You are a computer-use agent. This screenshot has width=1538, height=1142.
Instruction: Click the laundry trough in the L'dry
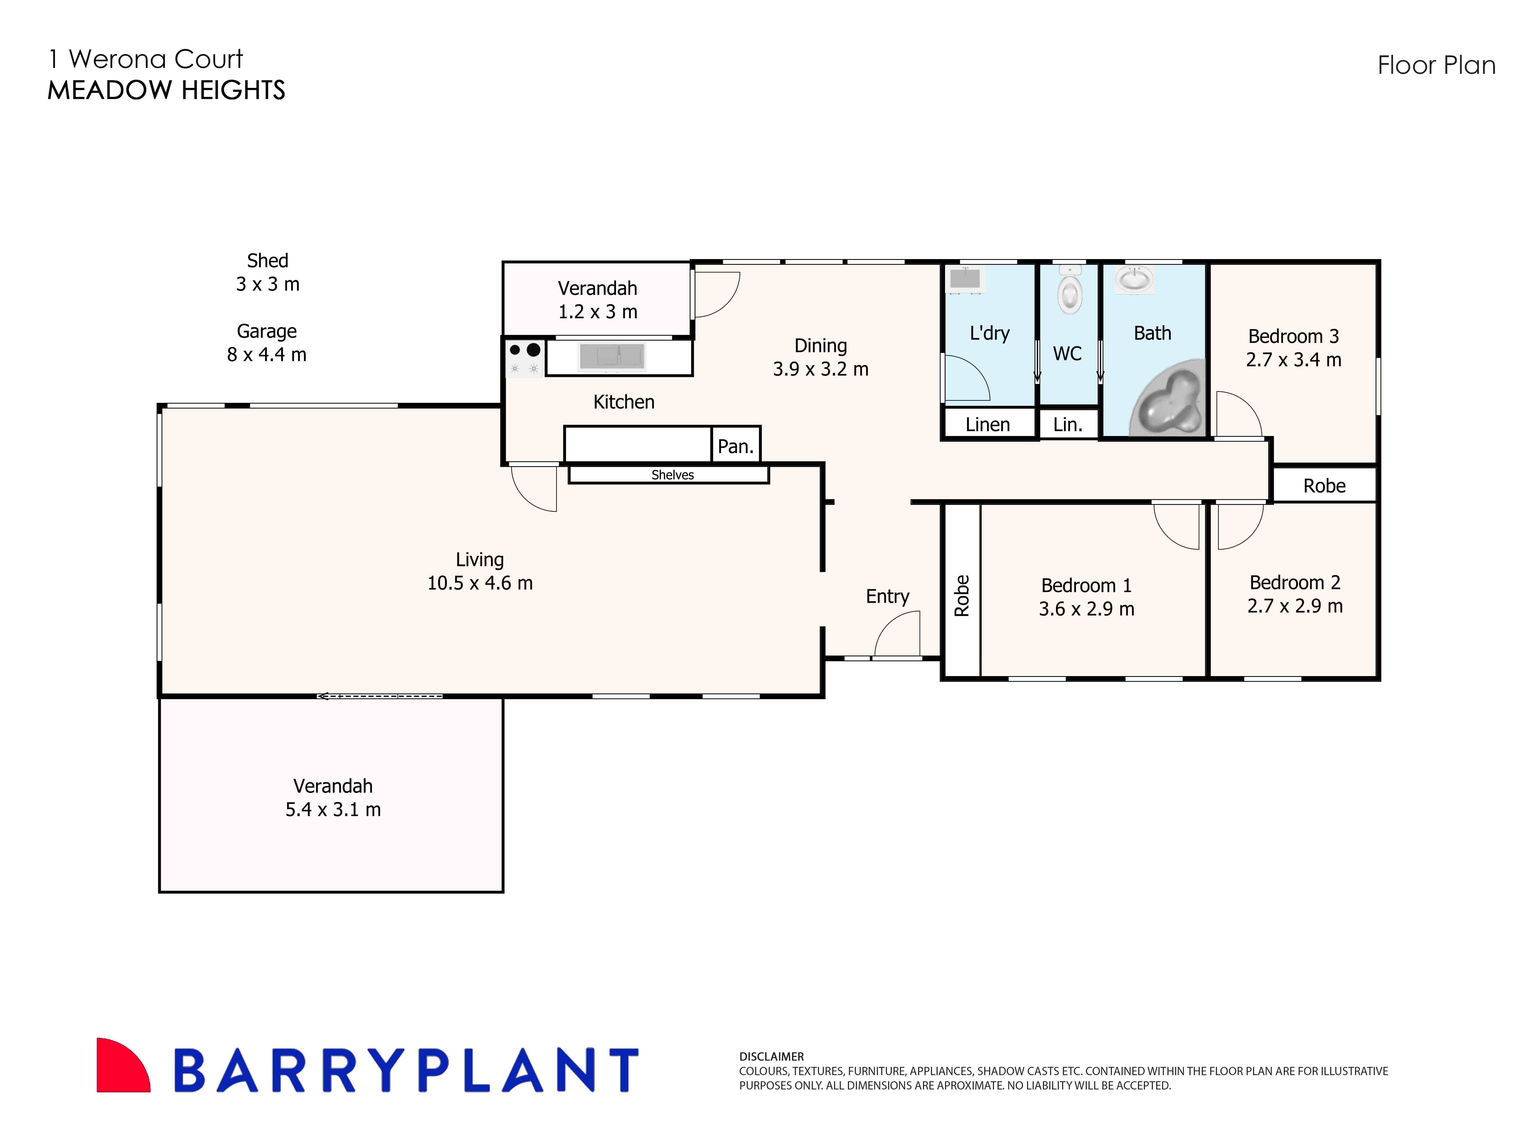click(965, 279)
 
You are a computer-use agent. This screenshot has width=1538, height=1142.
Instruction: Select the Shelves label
click(672, 475)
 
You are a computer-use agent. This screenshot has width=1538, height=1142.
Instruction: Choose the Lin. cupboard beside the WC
click(1067, 424)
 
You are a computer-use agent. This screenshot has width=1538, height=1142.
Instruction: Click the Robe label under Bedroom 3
click(1324, 486)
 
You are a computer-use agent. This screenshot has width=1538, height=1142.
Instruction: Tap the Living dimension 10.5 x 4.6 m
click(480, 583)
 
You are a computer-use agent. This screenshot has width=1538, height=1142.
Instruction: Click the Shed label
click(268, 261)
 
